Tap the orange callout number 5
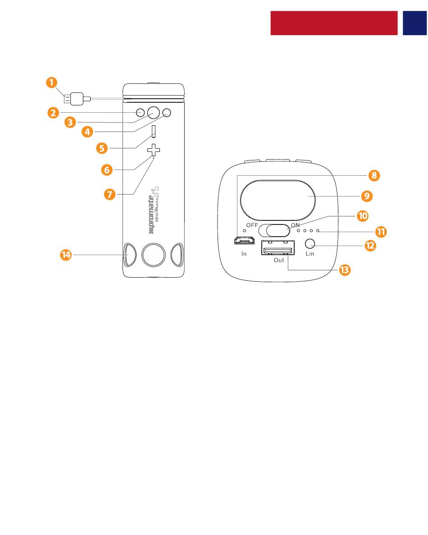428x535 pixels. [x=104, y=147]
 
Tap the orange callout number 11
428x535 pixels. [x=382, y=232]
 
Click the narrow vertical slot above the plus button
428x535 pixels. [x=154, y=131]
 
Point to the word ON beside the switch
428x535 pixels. [x=295, y=225]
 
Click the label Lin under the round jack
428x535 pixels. [x=310, y=254]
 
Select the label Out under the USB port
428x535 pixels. [x=279, y=261]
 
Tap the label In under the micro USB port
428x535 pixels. [x=244, y=254]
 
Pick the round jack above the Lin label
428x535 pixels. [x=310, y=244]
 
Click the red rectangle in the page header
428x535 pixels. [x=334, y=23]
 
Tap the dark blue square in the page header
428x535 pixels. [x=414, y=23]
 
